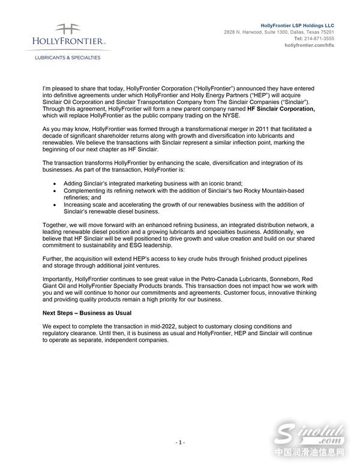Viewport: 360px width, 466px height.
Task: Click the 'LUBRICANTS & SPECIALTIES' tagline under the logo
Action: click(x=66, y=58)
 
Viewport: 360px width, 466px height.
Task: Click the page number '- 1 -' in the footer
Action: click(x=180, y=443)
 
